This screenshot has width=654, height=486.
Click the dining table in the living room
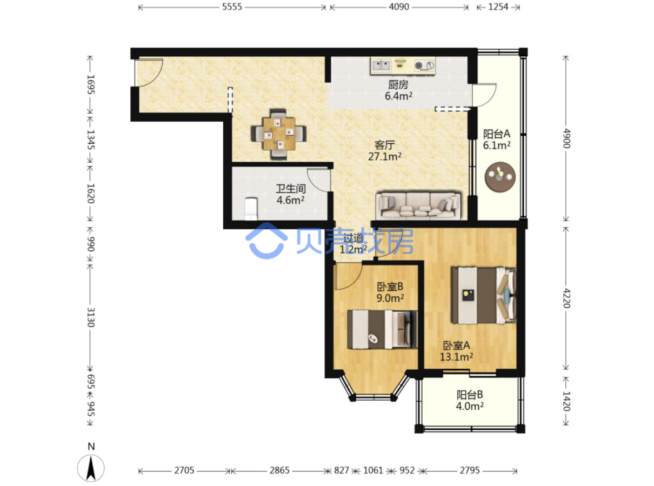278,134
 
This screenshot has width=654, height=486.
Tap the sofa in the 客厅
418,205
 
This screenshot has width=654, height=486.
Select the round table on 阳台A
500,177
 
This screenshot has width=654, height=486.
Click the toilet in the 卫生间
251,209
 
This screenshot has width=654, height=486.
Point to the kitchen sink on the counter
381,65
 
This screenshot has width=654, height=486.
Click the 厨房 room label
398,85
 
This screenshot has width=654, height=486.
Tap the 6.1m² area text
497,145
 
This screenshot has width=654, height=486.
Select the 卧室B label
390,287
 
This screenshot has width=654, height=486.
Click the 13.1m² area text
456,357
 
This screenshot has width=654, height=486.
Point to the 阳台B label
469,395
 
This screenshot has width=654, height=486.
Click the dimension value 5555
232,7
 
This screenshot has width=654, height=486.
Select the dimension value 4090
399,7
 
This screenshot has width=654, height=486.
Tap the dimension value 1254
498,7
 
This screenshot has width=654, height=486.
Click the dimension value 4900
566,138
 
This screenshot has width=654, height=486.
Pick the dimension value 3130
90,317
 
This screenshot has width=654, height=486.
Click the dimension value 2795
469,470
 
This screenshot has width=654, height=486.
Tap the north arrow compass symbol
91,468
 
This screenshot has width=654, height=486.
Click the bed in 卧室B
382,329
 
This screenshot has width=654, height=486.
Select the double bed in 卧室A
484,295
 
